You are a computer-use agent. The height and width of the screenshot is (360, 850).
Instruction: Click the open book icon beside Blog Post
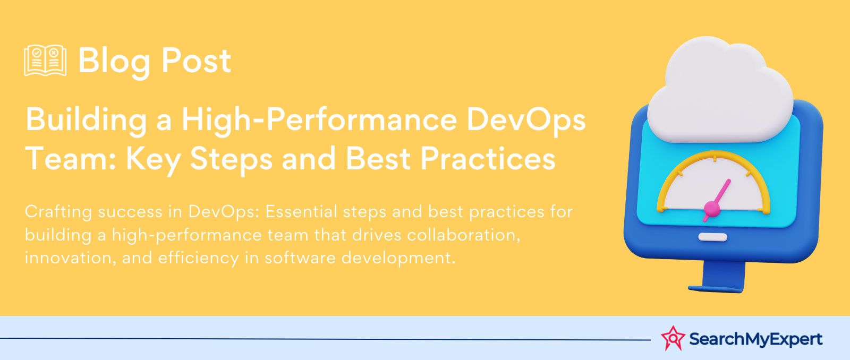click(45, 61)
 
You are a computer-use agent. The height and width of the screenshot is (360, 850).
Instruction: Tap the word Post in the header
click(196, 61)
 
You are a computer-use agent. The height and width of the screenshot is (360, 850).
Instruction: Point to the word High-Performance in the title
click(319, 120)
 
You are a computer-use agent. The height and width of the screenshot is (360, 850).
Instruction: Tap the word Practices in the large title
click(488, 159)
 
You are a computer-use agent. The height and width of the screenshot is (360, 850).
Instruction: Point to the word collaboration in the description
click(464, 235)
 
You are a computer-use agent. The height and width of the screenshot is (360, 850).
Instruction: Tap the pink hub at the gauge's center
click(711, 209)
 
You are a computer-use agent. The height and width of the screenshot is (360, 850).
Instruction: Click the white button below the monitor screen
click(712, 237)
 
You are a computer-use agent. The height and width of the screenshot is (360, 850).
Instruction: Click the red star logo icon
click(673, 338)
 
